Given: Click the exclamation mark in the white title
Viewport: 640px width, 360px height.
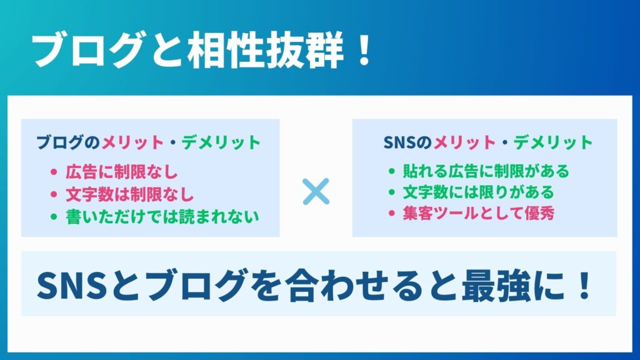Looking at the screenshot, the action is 363,50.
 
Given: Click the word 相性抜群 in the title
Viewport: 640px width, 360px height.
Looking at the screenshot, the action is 266,50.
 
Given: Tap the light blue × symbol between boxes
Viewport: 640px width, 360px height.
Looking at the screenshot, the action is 316,191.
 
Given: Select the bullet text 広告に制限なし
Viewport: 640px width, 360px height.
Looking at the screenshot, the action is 122,172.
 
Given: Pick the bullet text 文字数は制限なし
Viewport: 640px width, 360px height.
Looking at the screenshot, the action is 130,194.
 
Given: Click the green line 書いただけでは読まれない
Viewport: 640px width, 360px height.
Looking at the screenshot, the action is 162,217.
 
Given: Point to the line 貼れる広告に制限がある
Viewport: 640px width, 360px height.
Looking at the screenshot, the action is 486,171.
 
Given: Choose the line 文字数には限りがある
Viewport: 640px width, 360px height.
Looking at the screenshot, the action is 478,192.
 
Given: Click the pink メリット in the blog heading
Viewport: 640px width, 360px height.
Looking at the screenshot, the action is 132,142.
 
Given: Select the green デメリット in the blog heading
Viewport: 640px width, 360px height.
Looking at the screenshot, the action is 221,142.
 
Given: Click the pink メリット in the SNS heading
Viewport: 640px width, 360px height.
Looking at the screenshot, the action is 464,142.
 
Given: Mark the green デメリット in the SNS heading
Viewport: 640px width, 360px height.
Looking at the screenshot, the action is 552,142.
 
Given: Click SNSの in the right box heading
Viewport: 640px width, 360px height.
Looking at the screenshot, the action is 407,142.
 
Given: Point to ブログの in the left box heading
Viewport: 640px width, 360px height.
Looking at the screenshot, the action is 69,142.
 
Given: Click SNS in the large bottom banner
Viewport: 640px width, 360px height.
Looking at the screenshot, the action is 72,285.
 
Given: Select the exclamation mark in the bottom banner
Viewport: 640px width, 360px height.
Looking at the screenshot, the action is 585,284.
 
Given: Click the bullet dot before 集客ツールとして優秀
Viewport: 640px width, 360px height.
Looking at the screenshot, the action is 392,214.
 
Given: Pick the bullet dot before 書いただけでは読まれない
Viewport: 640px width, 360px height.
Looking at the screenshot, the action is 54,217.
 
